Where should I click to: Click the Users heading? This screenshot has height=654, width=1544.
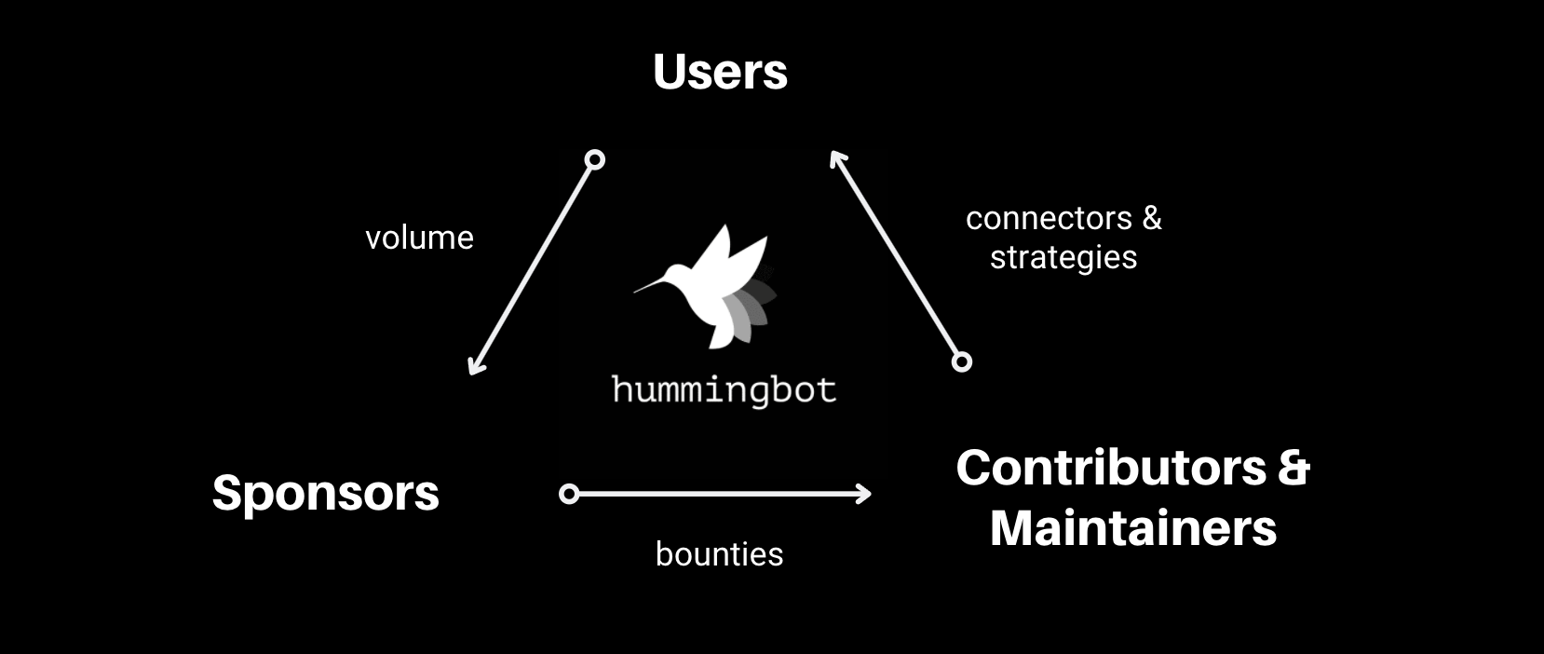tap(720, 72)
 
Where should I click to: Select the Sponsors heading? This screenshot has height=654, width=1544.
tap(325, 492)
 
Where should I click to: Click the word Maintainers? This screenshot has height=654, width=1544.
tap(1132, 527)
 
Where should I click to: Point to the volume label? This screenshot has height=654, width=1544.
tap(419, 238)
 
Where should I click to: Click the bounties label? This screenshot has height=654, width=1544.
tap(719, 554)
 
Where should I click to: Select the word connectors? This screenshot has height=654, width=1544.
tap(1049, 218)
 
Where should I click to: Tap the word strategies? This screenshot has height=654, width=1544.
tap(1063, 257)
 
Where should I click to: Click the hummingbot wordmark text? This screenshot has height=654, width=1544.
tap(724, 389)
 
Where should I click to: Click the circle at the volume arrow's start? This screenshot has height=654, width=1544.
tap(594, 160)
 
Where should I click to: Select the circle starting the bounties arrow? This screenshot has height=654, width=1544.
tap(569, 494)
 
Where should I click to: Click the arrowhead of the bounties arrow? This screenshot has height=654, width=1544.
tap(864, 494)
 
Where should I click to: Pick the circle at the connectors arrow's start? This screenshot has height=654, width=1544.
tap(962, 361)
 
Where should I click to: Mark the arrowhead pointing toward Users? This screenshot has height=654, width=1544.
tap(835, 158)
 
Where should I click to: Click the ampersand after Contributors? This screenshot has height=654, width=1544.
tap(1293, 467)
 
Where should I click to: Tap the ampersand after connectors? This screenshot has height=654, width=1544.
tap(1152, 218)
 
